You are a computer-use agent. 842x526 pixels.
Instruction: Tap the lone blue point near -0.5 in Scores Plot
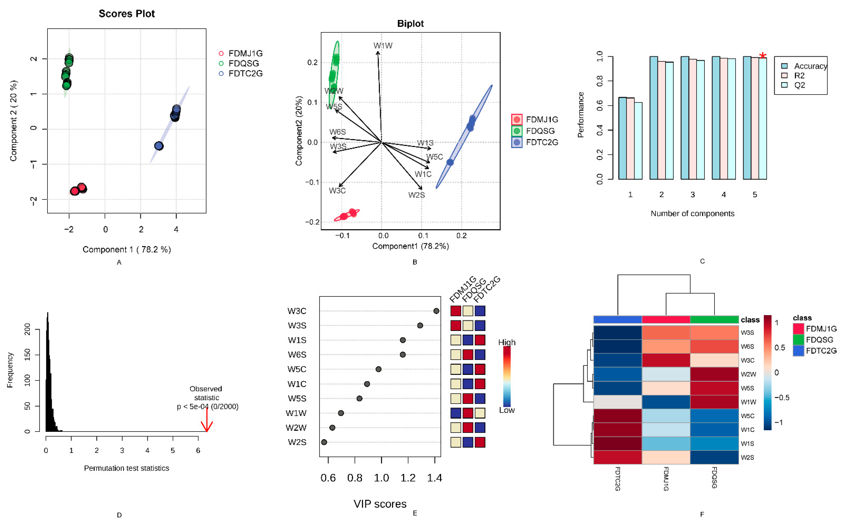point(159,146)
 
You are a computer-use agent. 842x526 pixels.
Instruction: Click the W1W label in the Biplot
point(383,46)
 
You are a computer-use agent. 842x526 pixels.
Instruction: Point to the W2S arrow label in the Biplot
point(416,195)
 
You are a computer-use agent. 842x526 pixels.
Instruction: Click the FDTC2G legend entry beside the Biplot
point(542,142)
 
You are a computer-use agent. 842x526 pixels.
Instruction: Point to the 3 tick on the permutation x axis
point(122,450)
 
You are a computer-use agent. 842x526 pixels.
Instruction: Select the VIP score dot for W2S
point(324,442)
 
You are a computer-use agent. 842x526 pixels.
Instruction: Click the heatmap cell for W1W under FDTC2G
point(617,402)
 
